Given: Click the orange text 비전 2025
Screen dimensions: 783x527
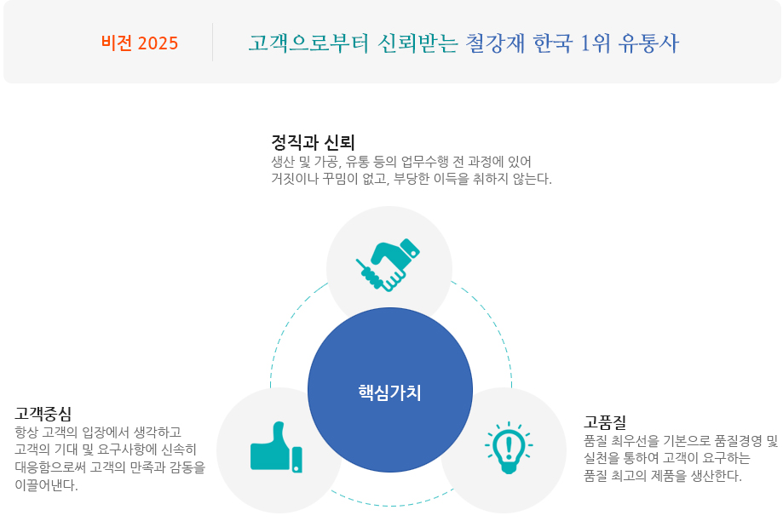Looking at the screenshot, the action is [140, 43].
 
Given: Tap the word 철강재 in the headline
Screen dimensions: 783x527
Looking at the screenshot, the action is [495, 43].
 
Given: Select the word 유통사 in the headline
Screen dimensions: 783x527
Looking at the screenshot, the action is [648, 43].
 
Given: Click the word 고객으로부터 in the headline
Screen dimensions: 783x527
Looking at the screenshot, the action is [308, 43].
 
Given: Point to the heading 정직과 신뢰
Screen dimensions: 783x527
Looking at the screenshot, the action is [313, 142].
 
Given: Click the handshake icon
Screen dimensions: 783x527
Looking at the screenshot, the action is [388, 265].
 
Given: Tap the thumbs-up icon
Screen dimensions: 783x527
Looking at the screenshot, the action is [276, 447].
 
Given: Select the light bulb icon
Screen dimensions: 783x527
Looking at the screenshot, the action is [509, 448].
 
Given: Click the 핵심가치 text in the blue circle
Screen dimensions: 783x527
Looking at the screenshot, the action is [389, 392].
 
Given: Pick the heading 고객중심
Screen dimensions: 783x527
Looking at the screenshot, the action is [43, 413].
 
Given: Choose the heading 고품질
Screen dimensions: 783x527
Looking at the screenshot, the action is [605, 422].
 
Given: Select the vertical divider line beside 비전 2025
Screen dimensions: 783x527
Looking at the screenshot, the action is [212, 43].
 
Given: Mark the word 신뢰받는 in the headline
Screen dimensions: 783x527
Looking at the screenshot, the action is [417, 43].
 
